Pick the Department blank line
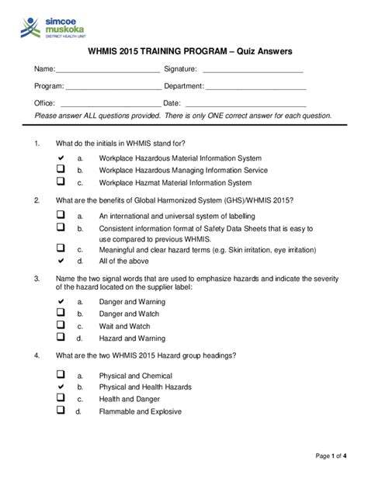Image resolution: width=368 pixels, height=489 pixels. (x=256, y=87)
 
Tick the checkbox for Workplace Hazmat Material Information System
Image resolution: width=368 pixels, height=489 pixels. (x=60, y=182)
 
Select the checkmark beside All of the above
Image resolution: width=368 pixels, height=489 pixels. (x=60, y=261)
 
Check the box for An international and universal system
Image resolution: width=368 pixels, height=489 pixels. (x=60, y=215)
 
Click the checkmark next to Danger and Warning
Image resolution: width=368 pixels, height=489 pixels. (x=60, y=300)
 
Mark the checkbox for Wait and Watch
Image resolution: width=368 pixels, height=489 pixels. (x=60, y=325)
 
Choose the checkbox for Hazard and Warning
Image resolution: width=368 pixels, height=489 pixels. (x=60, y=338)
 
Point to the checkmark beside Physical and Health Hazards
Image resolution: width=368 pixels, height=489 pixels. (x=60, y=386)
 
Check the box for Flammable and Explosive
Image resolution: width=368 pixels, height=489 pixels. (x=60, y=411)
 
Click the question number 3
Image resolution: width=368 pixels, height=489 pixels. (x=37, y=277)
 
